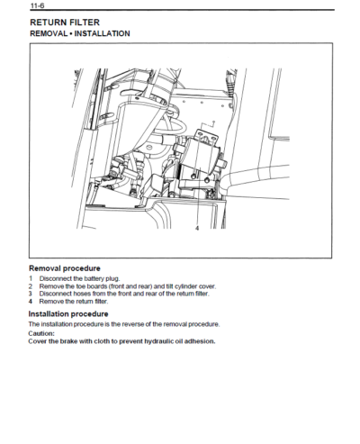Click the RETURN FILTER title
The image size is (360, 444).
pyautogui.click(x=64, y=21)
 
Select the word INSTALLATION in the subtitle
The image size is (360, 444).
pyautogui.click(x=101, y=33)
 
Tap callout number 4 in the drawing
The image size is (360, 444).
pyautogui.click(x=196, y=230)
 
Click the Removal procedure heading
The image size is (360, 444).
pyautogui.click(x=64, y=268)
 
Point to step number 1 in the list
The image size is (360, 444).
pyautogui.click(x=30, y=279)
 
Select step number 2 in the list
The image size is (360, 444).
pyautogui.click(x=30, y=286)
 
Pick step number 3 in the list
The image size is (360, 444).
pyautogui.click(x=30, y=294)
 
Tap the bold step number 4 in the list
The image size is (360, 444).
pyautogui.click(x=30, y=301)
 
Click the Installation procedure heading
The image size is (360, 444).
pyautogui.click(x=68, y=313)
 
